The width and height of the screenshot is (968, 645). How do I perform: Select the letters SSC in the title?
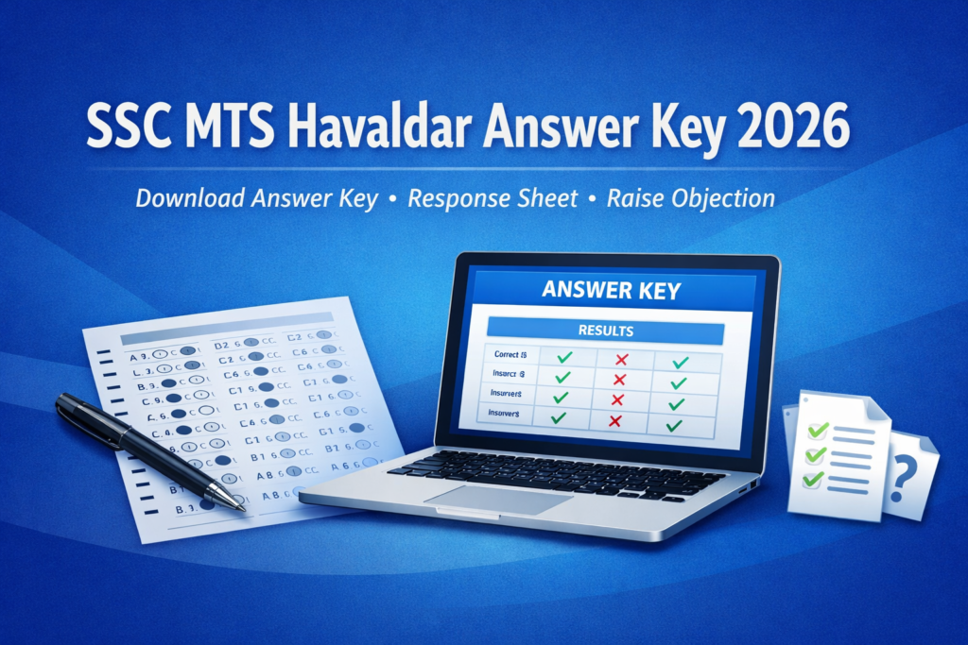[x=123, y=128]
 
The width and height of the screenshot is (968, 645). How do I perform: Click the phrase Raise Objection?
[x=691, y=199]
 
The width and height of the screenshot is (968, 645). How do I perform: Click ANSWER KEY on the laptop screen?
[x=611, y=290]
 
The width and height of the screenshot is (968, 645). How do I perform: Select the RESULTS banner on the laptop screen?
[x=605, y=331]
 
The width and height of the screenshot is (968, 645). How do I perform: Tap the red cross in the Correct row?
[x=621, y=359]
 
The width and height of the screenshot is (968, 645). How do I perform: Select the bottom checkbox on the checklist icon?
[x=811, y=480]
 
